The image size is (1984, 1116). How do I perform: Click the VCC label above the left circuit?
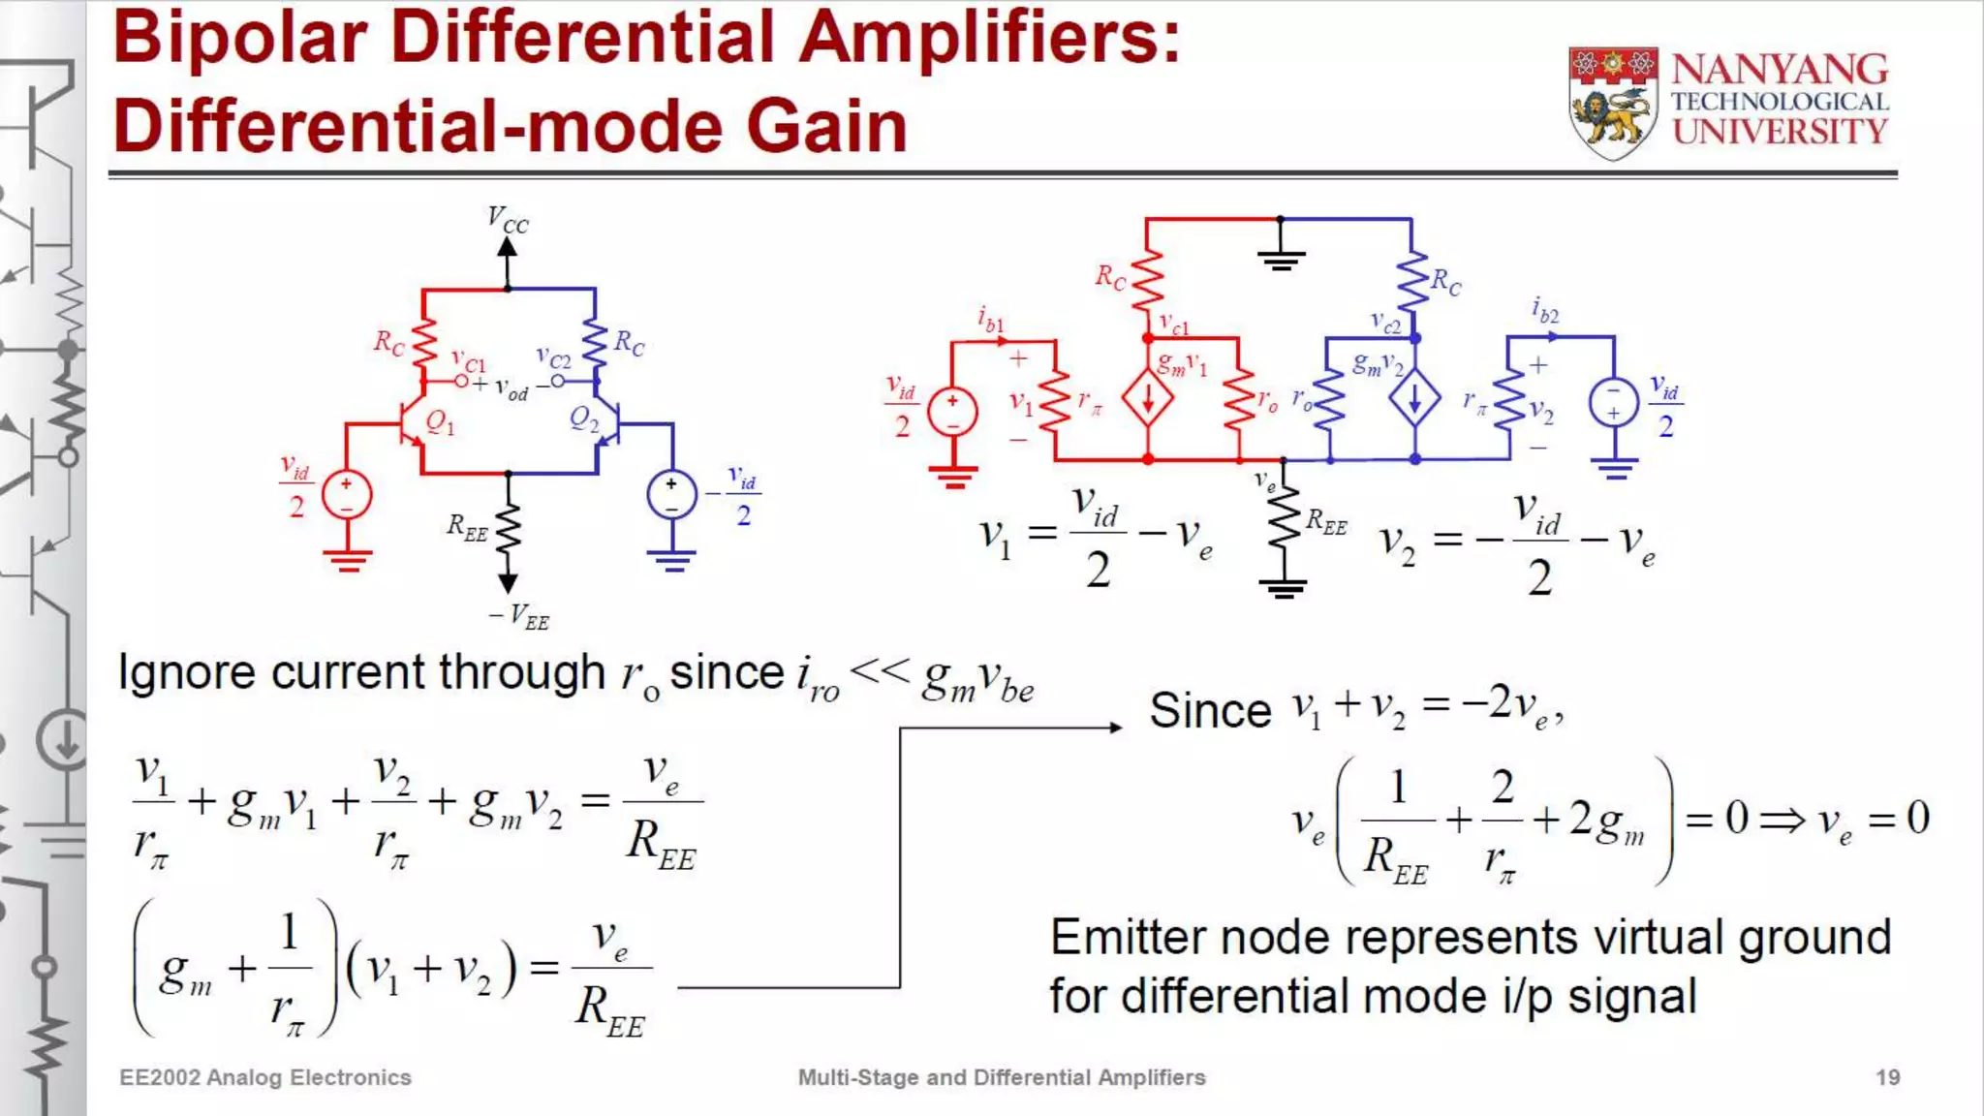click(508, 221)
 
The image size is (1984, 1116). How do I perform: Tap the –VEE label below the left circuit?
click(519, 616)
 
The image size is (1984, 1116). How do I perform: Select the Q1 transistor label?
click(440, 422)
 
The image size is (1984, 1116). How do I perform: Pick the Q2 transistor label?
click(584, 419)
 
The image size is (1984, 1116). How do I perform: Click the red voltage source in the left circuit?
click(346, 494)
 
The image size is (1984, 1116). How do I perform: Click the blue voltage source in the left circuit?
click(671, 494)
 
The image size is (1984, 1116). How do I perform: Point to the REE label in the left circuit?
click(467, 528)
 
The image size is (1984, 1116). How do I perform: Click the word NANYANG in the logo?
click(1780, 70)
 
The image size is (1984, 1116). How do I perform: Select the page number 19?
click(1887, 1077)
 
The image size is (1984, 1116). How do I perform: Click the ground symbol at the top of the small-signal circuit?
click(1281, 258)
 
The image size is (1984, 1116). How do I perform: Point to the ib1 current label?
click(990, 319)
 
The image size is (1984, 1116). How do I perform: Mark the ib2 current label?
click(1545, 310)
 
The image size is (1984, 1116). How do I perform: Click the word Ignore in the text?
click(186, 672)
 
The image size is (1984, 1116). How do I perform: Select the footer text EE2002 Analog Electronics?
click(264, 1077)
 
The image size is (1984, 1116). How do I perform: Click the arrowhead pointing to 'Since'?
click(1115, 727)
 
